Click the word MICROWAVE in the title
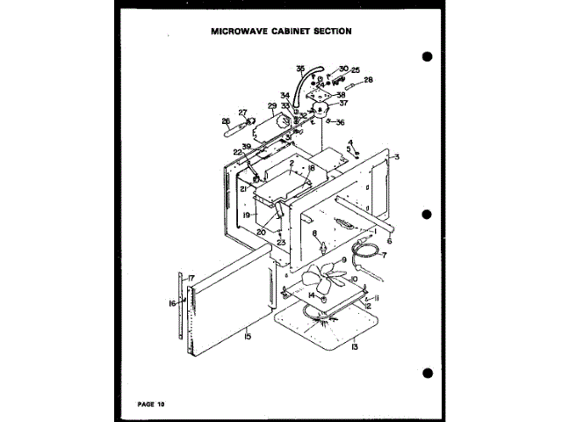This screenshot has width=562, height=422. tap(241, 31)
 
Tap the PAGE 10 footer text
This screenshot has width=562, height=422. tap(151, 404)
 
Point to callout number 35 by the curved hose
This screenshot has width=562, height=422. tap(300, 68)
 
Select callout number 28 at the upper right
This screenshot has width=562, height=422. tap(369, 80)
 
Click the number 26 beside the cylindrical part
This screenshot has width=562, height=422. tap(226, 121)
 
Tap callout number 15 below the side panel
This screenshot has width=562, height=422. tap(249, 336)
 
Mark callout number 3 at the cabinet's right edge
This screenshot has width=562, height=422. tap(397, 156)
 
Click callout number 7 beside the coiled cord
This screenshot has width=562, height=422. tap(383, 255)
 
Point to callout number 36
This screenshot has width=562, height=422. tap(341, 122)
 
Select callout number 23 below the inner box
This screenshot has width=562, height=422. tap(282, 242)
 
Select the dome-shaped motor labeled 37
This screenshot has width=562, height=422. tap(321, 111)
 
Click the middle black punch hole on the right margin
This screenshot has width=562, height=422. tap(428, 214)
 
